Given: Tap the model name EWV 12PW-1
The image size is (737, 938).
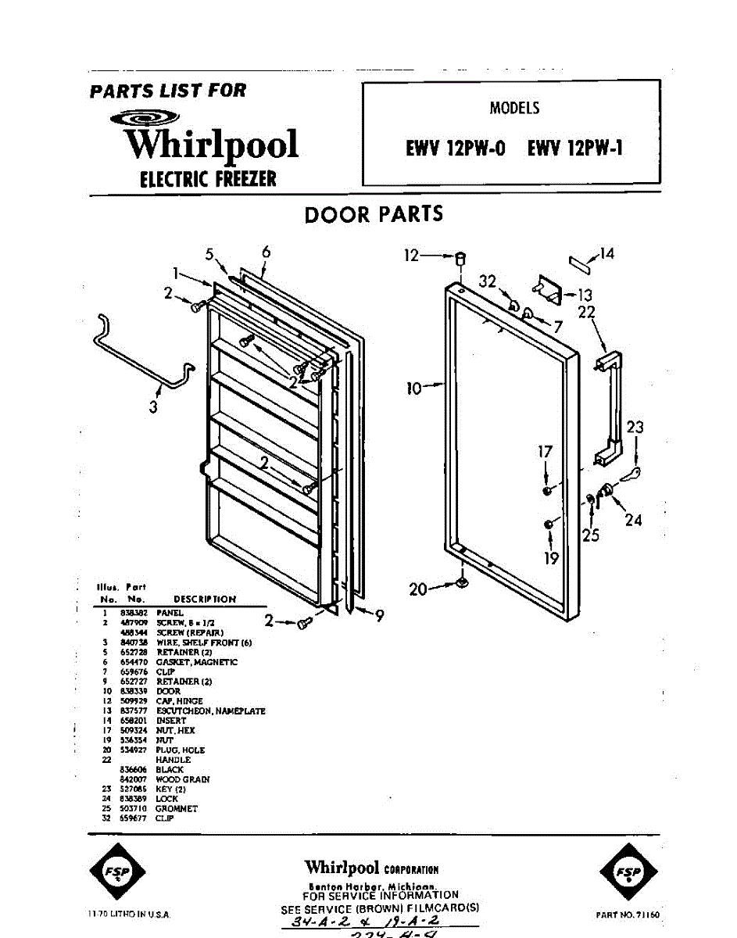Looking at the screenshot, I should pos(574,149).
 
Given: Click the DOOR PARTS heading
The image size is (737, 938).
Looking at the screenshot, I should pos(374,214).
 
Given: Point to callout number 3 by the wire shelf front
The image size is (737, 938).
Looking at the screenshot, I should pos(153,406).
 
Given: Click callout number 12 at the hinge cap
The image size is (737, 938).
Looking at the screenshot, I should pos(412,255).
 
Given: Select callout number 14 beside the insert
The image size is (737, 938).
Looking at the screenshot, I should pos(606,253).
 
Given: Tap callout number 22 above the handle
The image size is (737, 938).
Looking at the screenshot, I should pos(586,312).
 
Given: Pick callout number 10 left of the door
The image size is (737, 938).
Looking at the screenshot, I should pos(414,386).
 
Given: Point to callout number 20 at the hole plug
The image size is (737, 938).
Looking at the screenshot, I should pos(419,589).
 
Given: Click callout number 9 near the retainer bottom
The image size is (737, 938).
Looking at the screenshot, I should pos(379,616).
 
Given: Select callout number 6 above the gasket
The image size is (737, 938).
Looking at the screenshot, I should pos(266,252).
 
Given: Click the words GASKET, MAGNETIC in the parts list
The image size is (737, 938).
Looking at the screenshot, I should pos(197,662).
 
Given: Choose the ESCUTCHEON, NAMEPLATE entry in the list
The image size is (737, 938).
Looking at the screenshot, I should pos(210,711).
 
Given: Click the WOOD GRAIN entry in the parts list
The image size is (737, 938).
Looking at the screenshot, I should pos(182,779).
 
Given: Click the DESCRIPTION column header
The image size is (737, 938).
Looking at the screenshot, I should pos(205,599).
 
